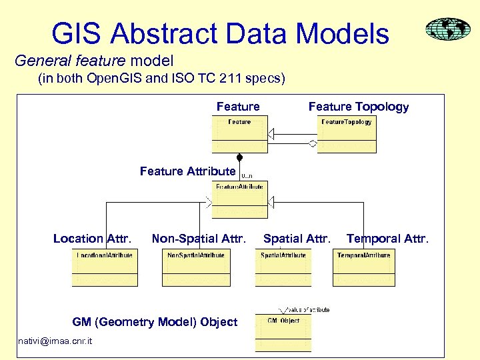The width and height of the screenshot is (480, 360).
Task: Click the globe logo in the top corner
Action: tap(447, 30)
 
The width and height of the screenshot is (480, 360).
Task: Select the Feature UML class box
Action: tap(239, 134)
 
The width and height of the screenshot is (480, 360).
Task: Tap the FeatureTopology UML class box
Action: tap(347, 134)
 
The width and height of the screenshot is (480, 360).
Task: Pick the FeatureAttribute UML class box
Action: tap(239, 199)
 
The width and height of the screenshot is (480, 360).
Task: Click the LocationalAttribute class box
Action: tap(105, 268)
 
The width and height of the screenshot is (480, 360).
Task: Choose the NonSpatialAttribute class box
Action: tap(196, 268)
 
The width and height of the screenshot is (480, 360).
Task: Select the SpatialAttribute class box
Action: tap(283, 268)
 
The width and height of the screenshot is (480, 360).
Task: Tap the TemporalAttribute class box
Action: tap(363, 268)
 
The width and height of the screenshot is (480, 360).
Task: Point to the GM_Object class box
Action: tap(283, 333)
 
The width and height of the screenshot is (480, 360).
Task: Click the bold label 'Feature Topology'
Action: tap(359, 107)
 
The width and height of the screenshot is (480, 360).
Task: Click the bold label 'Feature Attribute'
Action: tap(187, 171)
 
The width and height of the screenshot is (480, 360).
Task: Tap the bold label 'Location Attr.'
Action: tap(92, 239)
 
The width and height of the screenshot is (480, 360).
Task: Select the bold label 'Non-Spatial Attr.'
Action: tap(199, 239)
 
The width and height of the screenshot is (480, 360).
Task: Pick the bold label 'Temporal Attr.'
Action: tap(387, 239)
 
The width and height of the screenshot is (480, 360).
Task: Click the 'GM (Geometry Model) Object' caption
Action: tap(155, 322)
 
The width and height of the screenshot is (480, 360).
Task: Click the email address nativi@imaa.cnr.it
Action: tap(56, 342)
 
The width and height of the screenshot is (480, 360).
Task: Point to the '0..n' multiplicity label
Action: tap(247, 176)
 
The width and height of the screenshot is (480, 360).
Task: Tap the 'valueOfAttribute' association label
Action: tap(309, 310)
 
